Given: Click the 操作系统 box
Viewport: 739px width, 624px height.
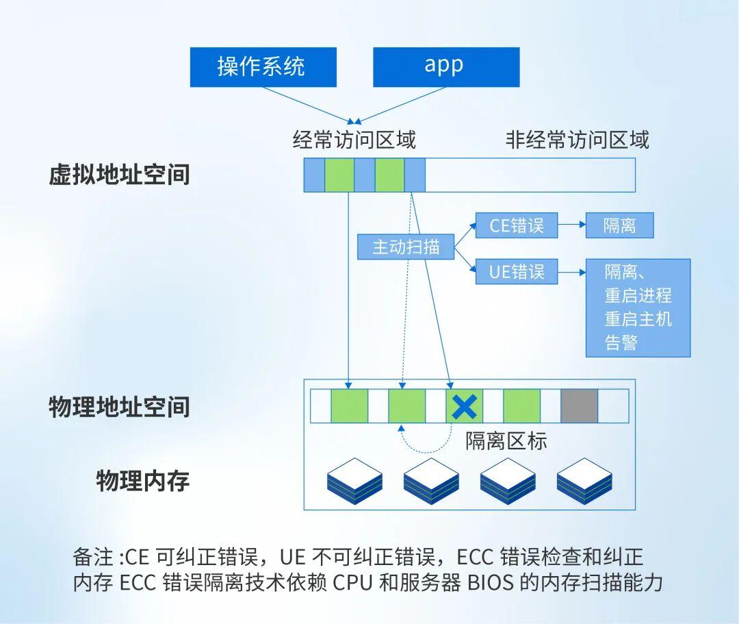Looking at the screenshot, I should (263, 67).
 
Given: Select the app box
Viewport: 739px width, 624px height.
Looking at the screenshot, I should (445, 67).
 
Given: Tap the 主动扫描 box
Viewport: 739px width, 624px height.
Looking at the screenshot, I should (406, 247).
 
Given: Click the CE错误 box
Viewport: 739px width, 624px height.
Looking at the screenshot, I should (517, 225).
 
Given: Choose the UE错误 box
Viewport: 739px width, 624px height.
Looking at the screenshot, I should (517, 272).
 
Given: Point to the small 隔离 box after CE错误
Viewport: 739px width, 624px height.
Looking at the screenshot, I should (619, 225).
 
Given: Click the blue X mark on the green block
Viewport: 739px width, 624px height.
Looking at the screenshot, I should (465, 407).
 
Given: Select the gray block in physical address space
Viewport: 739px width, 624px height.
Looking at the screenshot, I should (579, 406).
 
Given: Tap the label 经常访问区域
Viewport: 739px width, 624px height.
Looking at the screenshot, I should (354, 140).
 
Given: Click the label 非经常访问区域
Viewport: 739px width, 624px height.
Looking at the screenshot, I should (577, 140).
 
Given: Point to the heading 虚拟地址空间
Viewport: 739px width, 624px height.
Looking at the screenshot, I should (119, 175).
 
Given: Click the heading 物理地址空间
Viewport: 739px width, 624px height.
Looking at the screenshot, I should (119, 407).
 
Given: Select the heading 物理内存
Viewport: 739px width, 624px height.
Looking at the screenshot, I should (142, 481).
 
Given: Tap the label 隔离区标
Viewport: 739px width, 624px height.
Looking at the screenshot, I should (506, 440).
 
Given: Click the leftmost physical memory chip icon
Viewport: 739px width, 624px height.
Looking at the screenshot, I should (354, 481).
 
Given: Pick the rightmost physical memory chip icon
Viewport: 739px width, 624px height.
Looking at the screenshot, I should (584, 481).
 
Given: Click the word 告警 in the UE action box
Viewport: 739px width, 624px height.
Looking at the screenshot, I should (621, 342).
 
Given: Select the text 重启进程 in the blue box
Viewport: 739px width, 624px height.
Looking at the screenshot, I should (638, 296).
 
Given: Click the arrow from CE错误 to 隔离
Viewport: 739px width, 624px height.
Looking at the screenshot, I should (571, 225).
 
